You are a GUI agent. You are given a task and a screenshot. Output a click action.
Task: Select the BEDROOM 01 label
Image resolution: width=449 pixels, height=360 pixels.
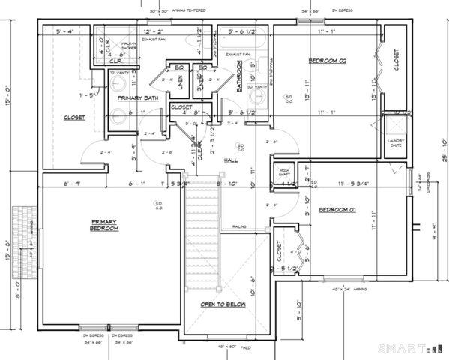[x=336, y=210]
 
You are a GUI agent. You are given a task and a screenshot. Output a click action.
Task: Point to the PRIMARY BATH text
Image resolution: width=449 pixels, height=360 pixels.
[x=136, y=98]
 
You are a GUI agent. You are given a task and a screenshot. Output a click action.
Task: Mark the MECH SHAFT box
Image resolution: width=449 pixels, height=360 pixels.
[x=283, y=172]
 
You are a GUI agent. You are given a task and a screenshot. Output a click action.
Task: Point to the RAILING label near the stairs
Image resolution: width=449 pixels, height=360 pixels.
[x=240, y=226]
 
